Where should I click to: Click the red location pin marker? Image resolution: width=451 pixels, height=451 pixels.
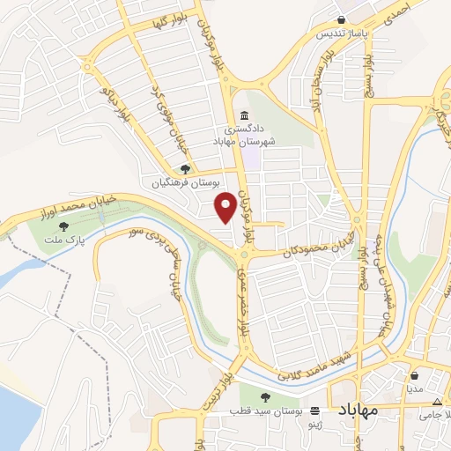(x=225, y=205)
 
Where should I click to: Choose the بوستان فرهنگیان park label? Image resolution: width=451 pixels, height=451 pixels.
(x=185, y=184)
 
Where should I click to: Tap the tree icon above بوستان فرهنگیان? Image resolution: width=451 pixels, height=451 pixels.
(x=185, y=170)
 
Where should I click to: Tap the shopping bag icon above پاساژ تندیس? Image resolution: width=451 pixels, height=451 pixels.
(x=342, y=21)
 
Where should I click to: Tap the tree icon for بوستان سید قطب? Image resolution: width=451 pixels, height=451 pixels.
(x=270, y=397)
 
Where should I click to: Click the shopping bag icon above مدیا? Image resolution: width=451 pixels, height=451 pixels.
(x=415, y=375)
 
